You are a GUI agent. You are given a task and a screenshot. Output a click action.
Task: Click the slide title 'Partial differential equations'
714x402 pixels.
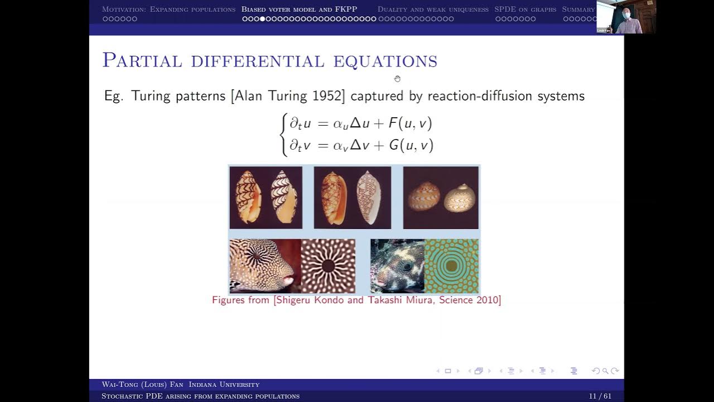pyautogui.click(x=269, y=61)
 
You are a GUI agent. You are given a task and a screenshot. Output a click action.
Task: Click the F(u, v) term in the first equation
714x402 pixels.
pyautogui.click(x=410, y=123)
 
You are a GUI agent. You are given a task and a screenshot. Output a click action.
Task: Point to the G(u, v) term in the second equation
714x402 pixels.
pyautogui.click(x=411, y=146)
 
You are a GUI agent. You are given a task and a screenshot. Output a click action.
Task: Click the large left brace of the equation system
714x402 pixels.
pyautogui.click(x=284, y=135)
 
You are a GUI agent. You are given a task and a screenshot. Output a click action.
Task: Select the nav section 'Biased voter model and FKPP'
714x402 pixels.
pyautogui.click(x=299, y=9)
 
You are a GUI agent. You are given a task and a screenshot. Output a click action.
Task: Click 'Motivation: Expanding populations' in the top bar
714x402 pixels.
pyautogui.click(x=168, y=9)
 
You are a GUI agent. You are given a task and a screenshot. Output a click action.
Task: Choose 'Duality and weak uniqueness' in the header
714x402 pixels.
pyautogui.click(x=433, y=9)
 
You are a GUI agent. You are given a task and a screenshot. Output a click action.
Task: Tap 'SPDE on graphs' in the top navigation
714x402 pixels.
pyautogui.click(x=525, y=9)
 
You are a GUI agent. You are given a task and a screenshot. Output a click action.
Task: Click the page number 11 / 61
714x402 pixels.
pyautogui.click(x=600, y=396)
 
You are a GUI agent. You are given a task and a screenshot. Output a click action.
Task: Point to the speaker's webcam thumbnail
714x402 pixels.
pyautogui.click(x=626, y=17)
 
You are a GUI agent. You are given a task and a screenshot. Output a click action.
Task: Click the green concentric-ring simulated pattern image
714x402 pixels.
pyautogui.click(x=451, y=266)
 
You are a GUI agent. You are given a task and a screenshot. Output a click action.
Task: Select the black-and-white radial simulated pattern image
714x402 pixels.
pyautogui.click(x=328, y=266)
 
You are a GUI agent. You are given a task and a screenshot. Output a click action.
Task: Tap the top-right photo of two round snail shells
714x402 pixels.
pyautogui.click(x=441, y=198)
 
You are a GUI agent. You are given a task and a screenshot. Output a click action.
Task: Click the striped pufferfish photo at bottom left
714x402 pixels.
pyautogui.click(x=265, y=266)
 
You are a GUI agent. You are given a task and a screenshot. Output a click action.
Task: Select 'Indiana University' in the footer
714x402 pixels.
pyautogui.click(x=224, y=385)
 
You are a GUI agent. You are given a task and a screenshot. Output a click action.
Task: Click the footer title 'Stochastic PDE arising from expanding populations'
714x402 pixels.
pyautogui.click(x=200, y=396)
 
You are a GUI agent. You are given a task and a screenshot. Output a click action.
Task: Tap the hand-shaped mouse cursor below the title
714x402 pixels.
pyautogui.click(x=397, y=79)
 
